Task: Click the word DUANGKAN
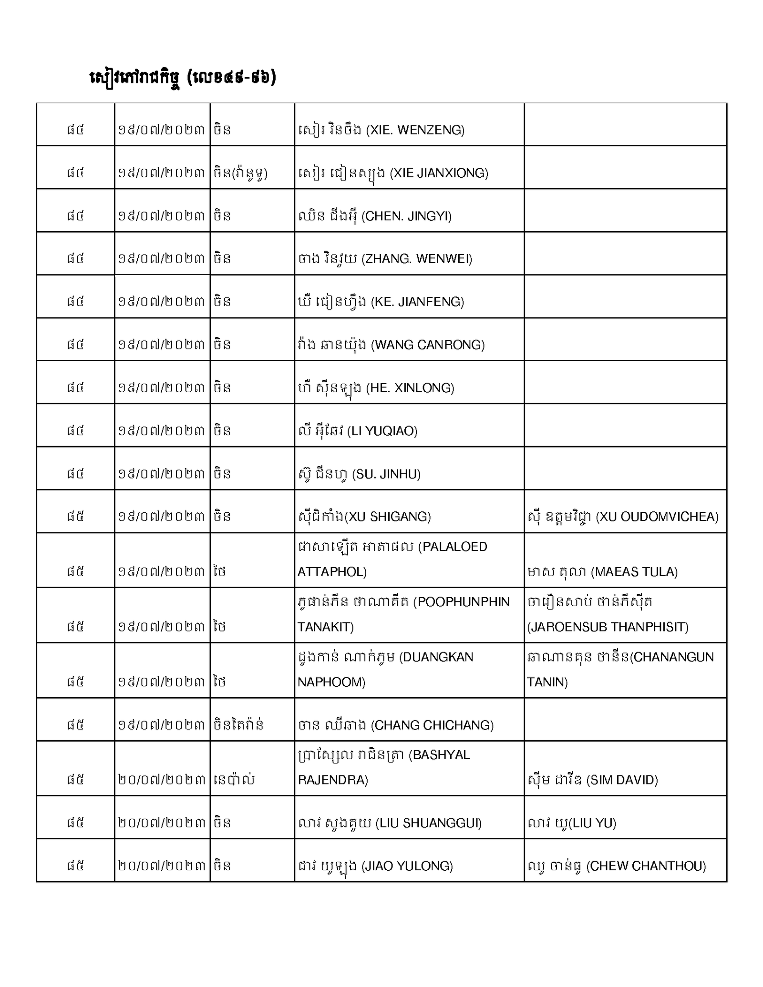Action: point(436,657)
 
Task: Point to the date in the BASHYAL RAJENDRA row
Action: point(162,780)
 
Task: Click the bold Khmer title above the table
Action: point(183,78)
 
